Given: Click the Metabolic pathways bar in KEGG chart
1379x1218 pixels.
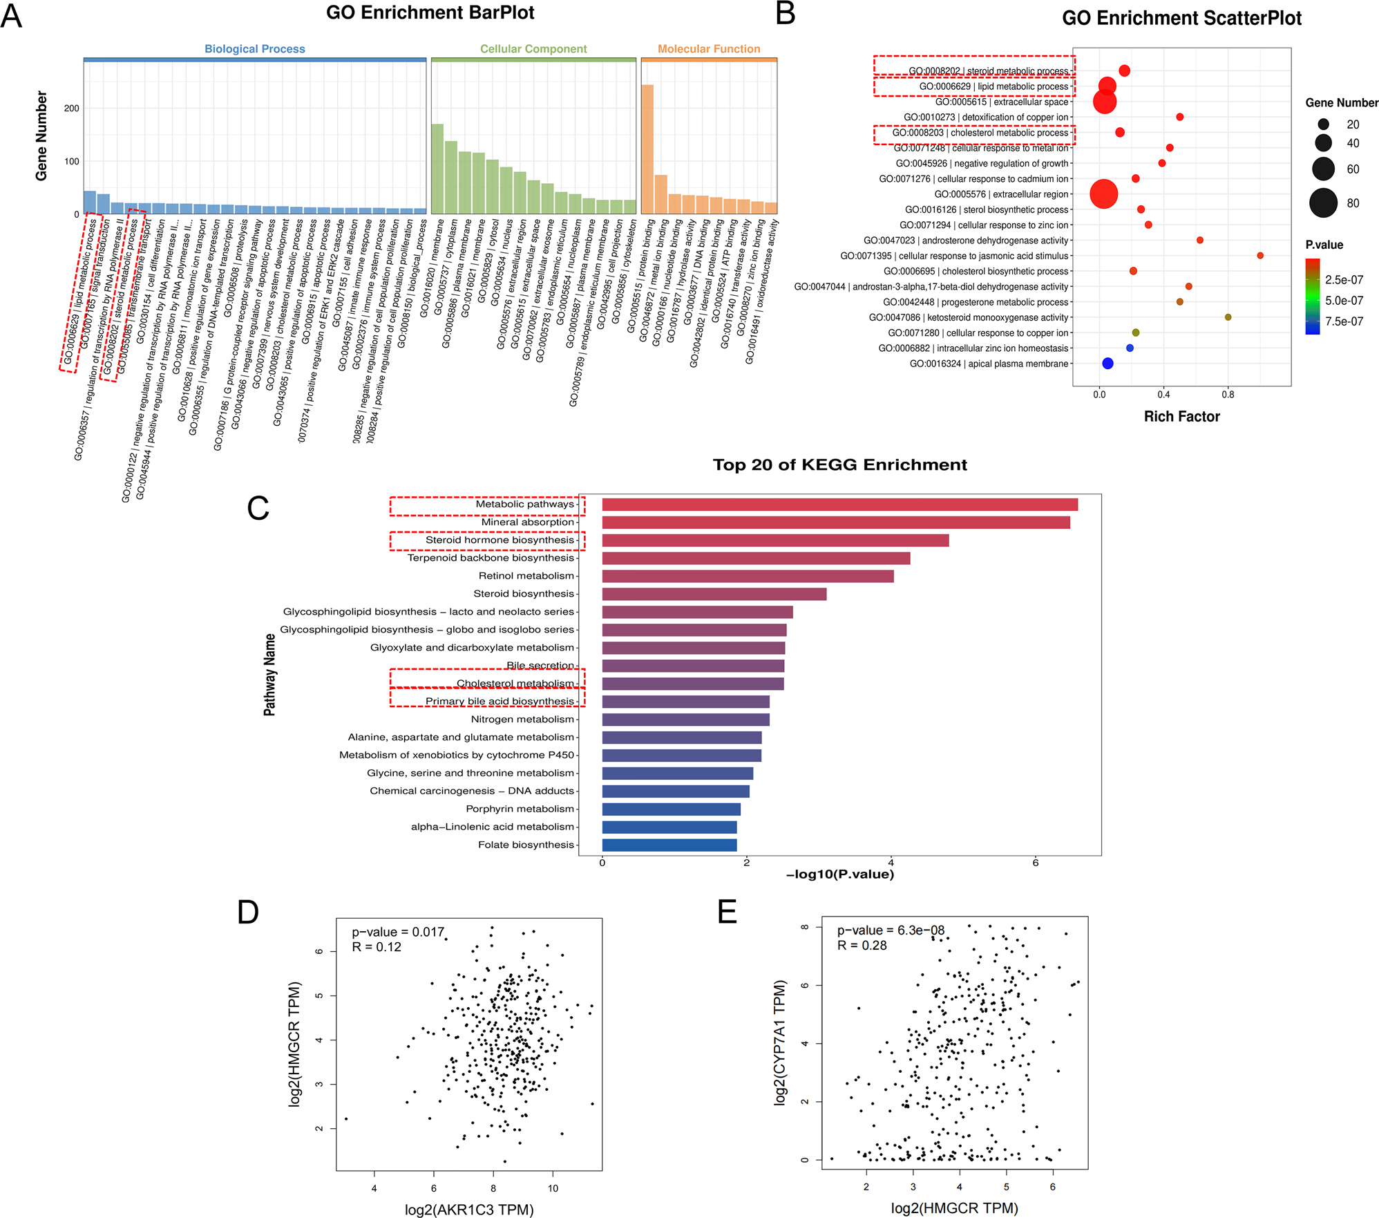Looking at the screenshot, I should [x=839, y=505].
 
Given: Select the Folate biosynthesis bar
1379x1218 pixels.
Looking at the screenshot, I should [x=669, y=845].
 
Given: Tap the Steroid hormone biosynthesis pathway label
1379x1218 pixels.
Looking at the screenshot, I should [x=500, y=540].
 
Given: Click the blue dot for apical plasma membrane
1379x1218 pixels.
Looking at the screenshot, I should [x=1107, y=364].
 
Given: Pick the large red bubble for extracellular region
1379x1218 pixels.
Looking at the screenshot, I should [x=1103, y=194].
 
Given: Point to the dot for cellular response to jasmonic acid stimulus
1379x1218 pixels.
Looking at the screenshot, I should [x=1260, y=256].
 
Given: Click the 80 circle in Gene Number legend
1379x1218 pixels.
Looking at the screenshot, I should [x=1323, y=203].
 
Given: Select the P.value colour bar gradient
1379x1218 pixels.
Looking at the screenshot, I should [x=1313, y=297].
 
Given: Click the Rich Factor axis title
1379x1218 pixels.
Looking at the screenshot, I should [x=1181, y=416].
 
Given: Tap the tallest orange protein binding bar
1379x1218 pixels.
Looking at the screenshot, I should [x=647, y=149].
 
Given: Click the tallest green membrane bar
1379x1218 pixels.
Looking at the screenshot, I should [x=437, y=169].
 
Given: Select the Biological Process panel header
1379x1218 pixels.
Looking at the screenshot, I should [x=254, y=49].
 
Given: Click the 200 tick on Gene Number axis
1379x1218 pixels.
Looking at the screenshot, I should [x=72, y=109].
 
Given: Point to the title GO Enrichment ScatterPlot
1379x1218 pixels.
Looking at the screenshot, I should [x=1181, y=19].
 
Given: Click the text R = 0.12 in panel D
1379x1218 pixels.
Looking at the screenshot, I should [x=377, y=947].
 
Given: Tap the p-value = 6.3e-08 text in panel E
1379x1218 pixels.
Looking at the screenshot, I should [x=891, y=930].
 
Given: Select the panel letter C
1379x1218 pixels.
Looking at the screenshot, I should [x=258, y=508].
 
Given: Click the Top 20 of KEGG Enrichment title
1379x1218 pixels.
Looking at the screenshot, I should [x=839, y=465].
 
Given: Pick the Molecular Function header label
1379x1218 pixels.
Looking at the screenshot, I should [x=709, y=49].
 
